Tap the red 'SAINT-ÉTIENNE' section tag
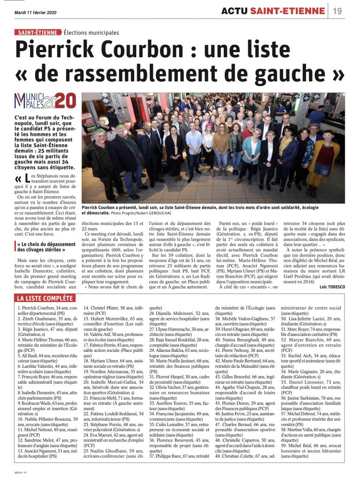click(x=38, y=32)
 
